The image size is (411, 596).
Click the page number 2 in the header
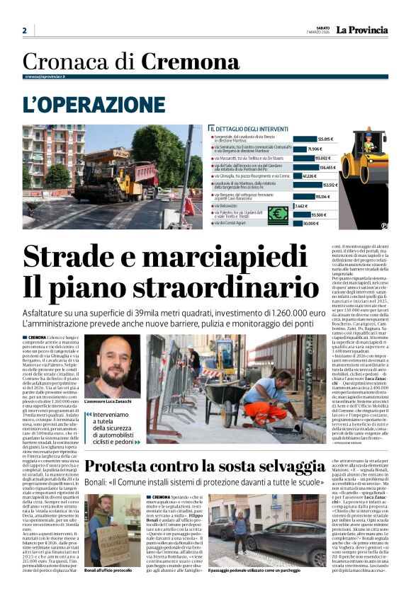coord(25,30)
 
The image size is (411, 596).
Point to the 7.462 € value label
coord(301,206)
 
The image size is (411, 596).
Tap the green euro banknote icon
coord(278,214)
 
